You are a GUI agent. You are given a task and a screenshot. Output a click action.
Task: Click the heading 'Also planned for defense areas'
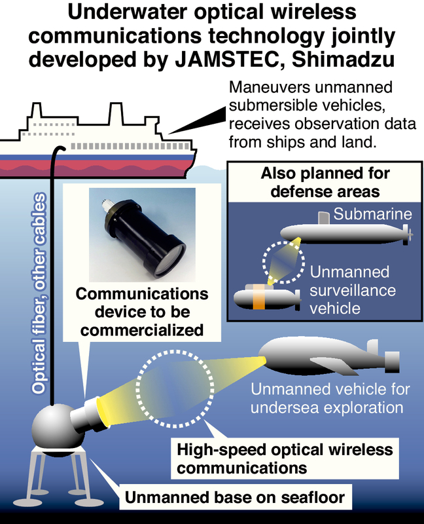click(325, 182)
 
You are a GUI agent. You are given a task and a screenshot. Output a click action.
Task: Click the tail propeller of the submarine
click(408, 233)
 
